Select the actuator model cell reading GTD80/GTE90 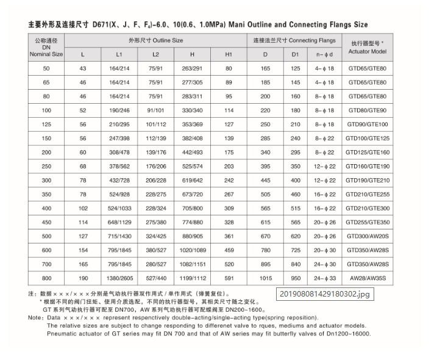pos(367,110)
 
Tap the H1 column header pos(229,54)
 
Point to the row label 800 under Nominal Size pos(46,278)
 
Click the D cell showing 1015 pos(265,278)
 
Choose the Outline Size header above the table pos(155,40)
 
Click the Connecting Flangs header pos(294,40)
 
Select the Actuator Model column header pos(367,48)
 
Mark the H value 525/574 pos(192,166)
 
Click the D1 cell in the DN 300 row pos(296,180)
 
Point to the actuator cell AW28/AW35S pos(367,278)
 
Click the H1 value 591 pos(229,278)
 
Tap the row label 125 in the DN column pos(46,124)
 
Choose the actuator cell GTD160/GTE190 pos(367,166)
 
